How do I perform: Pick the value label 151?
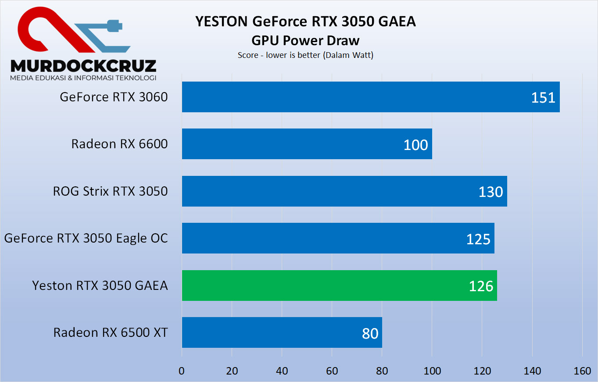pyautogui.click(x=543, y=97)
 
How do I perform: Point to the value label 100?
pyautogui.click(x=415, y=145)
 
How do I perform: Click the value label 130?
pyautogui.click(x=491, y=192)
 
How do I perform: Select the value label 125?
pyautogui.click(x=478, y=239)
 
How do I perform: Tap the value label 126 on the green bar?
pyautogui.click(x=481, y=286)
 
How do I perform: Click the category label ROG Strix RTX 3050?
pyautogui.click(x=111, y=191)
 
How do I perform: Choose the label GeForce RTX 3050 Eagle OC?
pyautogui.click(x=86, y=238)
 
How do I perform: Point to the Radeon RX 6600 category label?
pyautogui.click(x=119, y=144)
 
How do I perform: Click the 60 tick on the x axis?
pyautogui.click(x=332, y=371)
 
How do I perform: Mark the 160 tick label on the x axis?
pyautogui.click(x=582, y=371)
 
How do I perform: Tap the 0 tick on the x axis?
pyautogui.click(x=182, y=371)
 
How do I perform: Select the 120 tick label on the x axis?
pyautogui.click(x=482, y=371)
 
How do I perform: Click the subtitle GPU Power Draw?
pyautogui.click(x=305, y=40)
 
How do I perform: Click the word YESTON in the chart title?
pyautogui.click(x=219, y=21)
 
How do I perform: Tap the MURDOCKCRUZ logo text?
pyautogui.click(x=83, y=66)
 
